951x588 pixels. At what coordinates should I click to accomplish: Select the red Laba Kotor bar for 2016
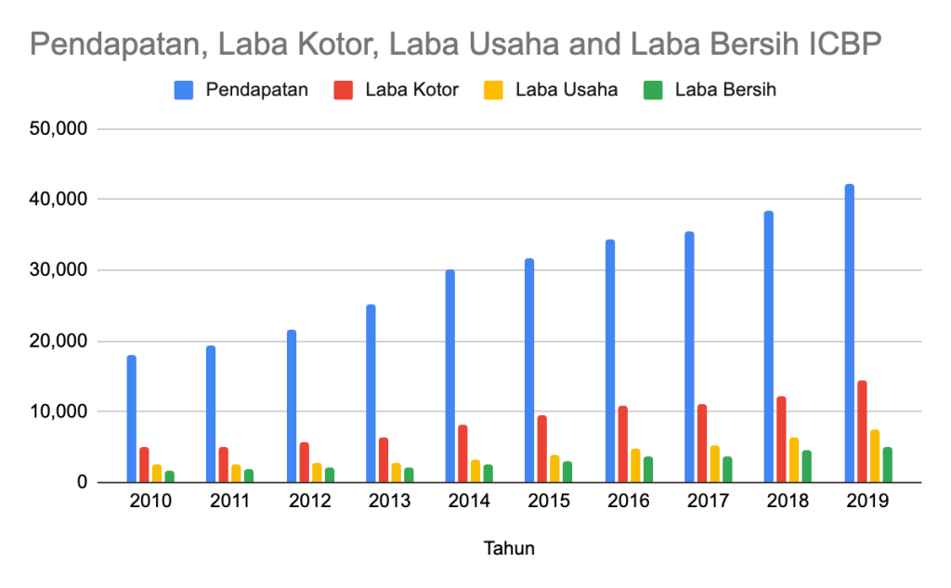(x=622, y=444)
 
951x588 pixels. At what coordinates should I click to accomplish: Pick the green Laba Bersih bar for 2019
(x=888, y=464)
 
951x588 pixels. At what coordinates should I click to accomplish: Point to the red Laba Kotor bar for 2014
(x=462, y=453)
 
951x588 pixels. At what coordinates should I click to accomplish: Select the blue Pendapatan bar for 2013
(x=371, y=393)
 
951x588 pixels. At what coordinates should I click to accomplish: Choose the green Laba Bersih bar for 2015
(x=567, y=472)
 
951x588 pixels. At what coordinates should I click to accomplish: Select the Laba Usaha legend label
(x=567, y=90)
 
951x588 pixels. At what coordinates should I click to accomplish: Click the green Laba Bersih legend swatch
(x=653, y=90)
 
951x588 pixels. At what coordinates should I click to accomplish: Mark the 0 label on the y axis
(x=82, y=482)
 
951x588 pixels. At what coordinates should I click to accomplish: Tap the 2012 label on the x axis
(x=310, y=502)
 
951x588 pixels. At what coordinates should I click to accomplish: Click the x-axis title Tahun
(x=509, y=548)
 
